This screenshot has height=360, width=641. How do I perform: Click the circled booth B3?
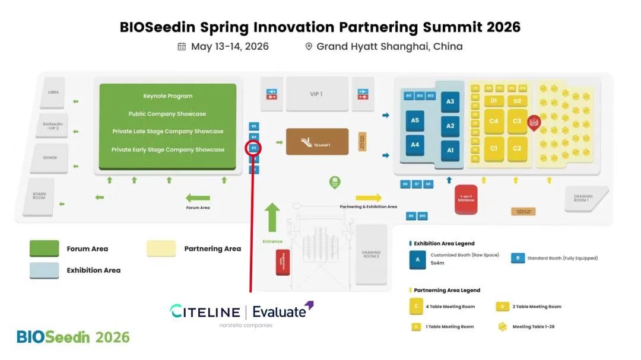[253, 148]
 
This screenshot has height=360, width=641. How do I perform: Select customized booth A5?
[415, 120]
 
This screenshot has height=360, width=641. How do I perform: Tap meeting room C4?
[494, 121]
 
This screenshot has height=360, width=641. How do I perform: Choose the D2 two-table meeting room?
[517, 101]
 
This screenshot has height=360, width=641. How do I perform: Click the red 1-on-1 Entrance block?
[466, 199]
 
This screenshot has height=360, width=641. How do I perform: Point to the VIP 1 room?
[316, 94]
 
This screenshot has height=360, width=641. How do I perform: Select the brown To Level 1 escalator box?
[317, 142]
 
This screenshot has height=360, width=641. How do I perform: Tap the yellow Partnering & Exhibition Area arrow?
[369, 197]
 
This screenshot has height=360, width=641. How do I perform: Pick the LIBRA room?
[53, 93]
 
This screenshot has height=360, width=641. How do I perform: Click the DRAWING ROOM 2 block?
[371, 253]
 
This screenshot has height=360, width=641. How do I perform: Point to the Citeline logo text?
[205, 311]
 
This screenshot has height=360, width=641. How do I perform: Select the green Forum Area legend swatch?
[45, 249]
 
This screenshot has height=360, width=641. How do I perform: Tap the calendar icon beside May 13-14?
[182, 46]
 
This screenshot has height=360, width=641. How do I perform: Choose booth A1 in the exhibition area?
[450, 151]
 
